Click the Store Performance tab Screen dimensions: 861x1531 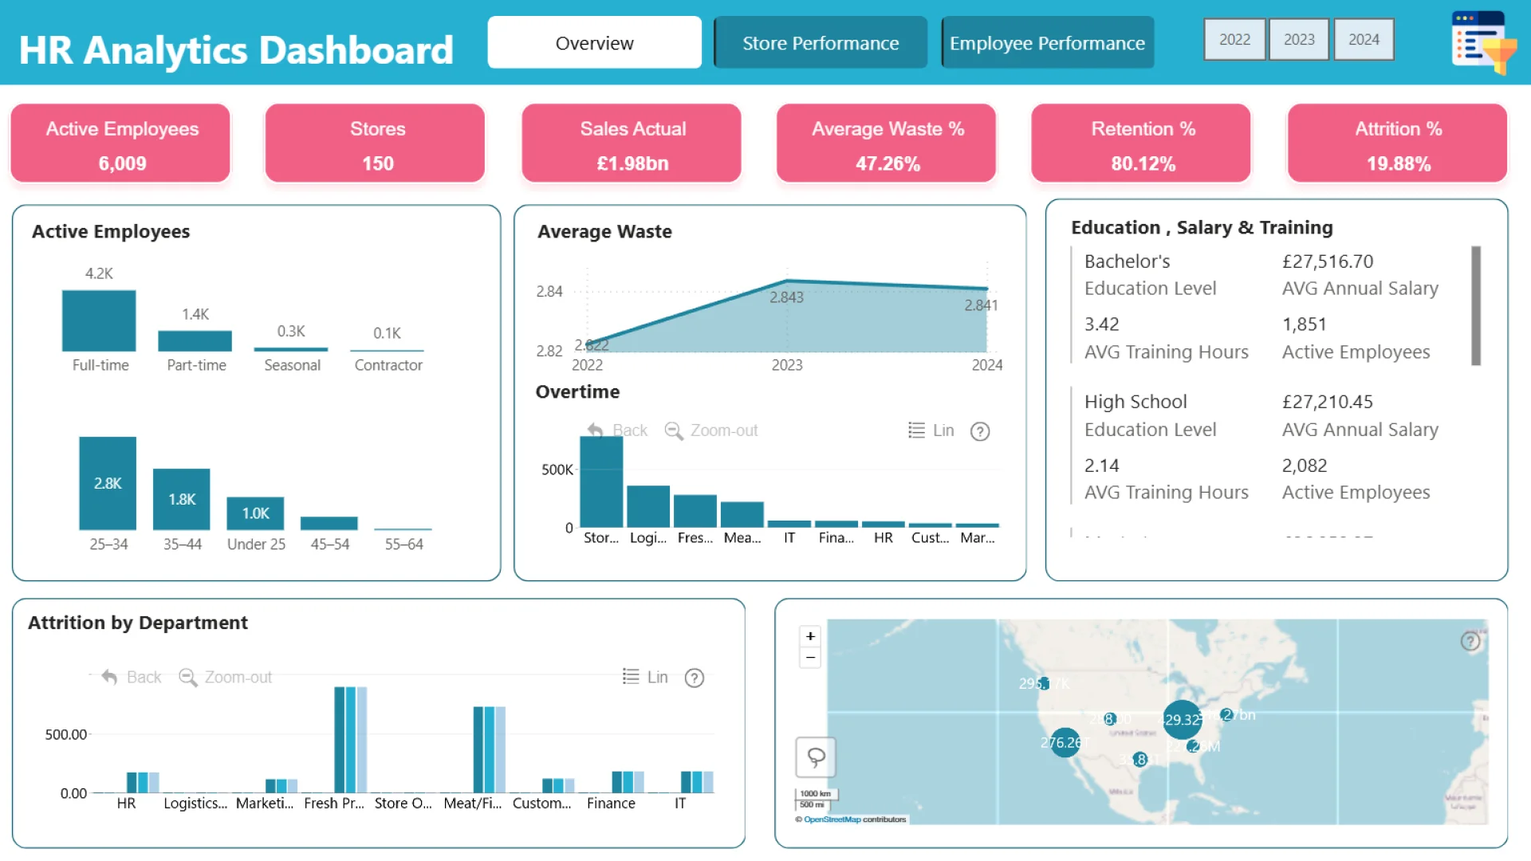pyautogui.click(x=821, y=43)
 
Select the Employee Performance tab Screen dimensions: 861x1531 pyautogui.click(x=1047, y=43)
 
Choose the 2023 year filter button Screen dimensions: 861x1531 pyautogui.click(x=1299, y=39)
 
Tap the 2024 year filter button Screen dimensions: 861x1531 pyautogui.click(x=1364, y=39)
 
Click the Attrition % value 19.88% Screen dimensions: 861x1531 pyautogui.click(x=1398, y=163)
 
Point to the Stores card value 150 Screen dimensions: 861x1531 pyautogui.click(x=377, y=163)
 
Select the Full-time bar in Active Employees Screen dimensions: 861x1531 pyautogui.click(x=99, y=320)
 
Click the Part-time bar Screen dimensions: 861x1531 pyautogui.click(x=195, y=340)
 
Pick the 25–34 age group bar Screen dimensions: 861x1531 pyautogui.click(x=108, y=483)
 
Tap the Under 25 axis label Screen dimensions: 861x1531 pyautogui.click(x=256, y=544)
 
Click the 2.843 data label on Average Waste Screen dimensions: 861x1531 pyautogui.click(x=786, y=297)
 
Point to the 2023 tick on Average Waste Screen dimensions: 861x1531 pyautogui.click(x=787, y=365)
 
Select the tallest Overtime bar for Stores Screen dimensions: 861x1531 pyautogui.click(x=601, y=482)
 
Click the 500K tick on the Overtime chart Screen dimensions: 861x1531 pyautogui.click(x=557, y=470)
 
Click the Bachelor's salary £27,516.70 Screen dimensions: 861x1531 pyautogui.click(x=1328, y=261)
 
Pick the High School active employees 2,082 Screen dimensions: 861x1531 pyautogui.click(x=1305, y=466)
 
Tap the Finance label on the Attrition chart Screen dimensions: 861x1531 pyautogui.click(x=611, y=804)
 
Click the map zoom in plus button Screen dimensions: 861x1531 pyautogui.click(x=810, y=636)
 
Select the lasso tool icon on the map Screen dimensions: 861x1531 pyautogui.click(x=816, y=757)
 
